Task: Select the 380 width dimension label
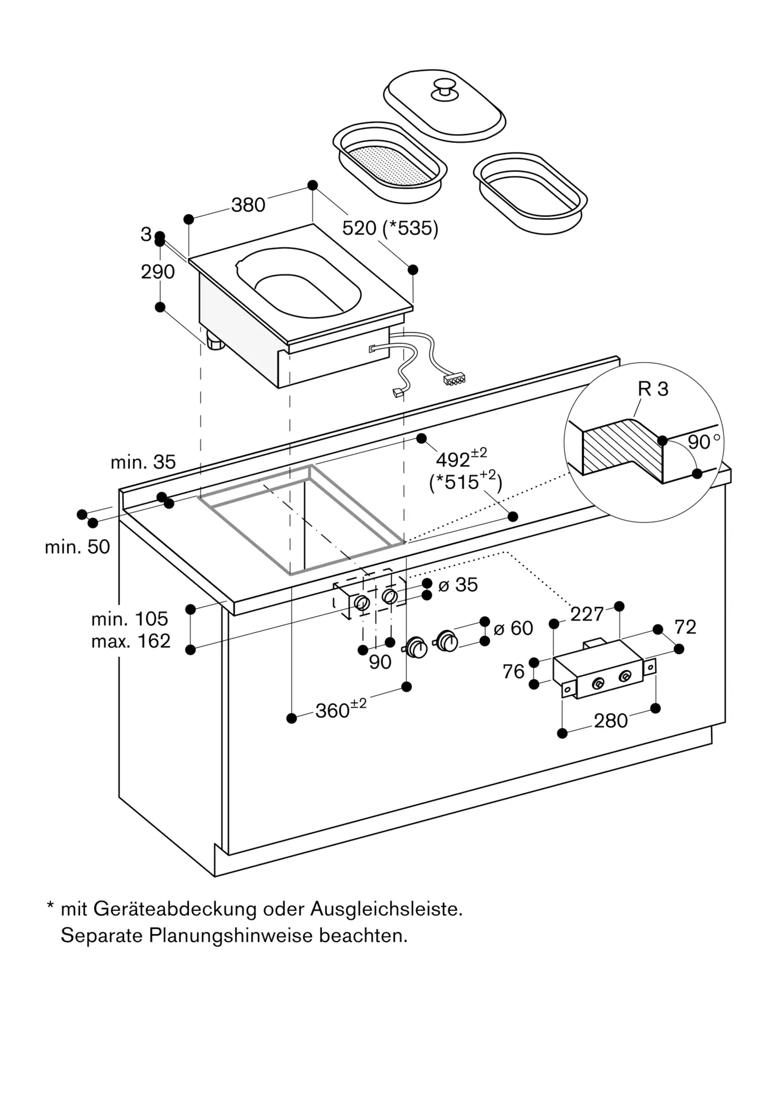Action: pyautogui.click(x=248, y=205)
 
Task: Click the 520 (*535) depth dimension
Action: pyautogui.click(x=390, y=228)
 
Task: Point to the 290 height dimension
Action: pyautogui.click(x=158, y=272)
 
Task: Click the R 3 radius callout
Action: pyautogui.click(x=653, y=389)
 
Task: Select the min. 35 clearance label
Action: pyautogui.click(x=143, y=462)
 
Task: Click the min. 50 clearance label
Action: pyautogui.click(x=77, y=547)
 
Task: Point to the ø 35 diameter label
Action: pyautogui.click(x=458, y=585)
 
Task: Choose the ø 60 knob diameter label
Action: pyautogui.click(x=513, y=628)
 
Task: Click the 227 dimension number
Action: pyautogui.click(x=587, y=614)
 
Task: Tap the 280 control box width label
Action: pyautogui.click(x=611, y=721)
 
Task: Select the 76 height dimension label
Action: pyautogui.click(x=513, y=671)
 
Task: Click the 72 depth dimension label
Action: pyautogui.click(x=685, y=627)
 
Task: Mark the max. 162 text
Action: pyautogui.click(x=131, y=641)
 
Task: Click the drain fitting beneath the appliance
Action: pyautogui.click(x=215, y=340)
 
